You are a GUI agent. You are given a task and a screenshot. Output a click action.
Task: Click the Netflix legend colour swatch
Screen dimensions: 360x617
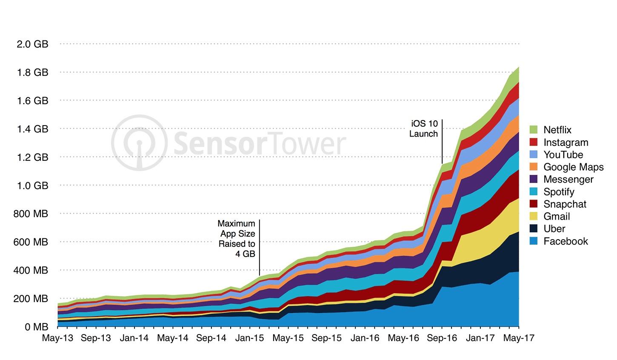point(534,130)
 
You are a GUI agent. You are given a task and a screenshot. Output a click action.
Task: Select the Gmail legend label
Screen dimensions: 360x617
point(557,217)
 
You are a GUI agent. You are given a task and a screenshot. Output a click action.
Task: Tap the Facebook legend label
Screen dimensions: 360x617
point(566,241)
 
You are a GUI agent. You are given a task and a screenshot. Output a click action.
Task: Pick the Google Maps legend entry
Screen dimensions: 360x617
point(573,167)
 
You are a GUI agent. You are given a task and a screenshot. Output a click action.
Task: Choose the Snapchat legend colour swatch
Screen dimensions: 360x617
point(534,204)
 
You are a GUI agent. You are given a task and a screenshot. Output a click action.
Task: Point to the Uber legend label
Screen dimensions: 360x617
point(554,229)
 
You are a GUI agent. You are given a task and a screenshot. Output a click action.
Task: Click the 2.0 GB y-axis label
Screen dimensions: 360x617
point(32,44)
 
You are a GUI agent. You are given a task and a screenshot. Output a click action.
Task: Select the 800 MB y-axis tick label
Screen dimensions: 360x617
point(31,214)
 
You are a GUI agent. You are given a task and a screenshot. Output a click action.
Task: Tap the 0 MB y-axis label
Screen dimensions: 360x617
point(36,327)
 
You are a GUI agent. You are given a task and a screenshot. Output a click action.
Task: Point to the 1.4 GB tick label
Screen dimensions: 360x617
point(32,129)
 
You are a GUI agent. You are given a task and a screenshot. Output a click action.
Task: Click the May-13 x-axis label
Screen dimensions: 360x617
point(57,338)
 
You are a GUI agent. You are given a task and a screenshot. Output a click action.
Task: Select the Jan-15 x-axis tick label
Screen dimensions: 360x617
point(250,338)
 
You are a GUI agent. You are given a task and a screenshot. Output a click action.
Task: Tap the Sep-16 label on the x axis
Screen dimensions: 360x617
point(442,338)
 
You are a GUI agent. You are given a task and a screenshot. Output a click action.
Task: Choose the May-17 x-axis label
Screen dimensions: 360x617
point(519,338)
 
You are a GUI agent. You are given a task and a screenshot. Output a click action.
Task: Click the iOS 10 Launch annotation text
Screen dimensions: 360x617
point(424,129)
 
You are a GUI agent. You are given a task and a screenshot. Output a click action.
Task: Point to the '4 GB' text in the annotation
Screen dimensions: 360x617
point(245,254)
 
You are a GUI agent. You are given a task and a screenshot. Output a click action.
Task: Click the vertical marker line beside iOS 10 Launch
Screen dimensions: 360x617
point(442,140)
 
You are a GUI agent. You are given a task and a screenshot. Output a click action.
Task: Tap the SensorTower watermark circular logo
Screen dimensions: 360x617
point(139,143)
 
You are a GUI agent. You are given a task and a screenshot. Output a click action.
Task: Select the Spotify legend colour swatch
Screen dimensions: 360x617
point(534,192)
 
